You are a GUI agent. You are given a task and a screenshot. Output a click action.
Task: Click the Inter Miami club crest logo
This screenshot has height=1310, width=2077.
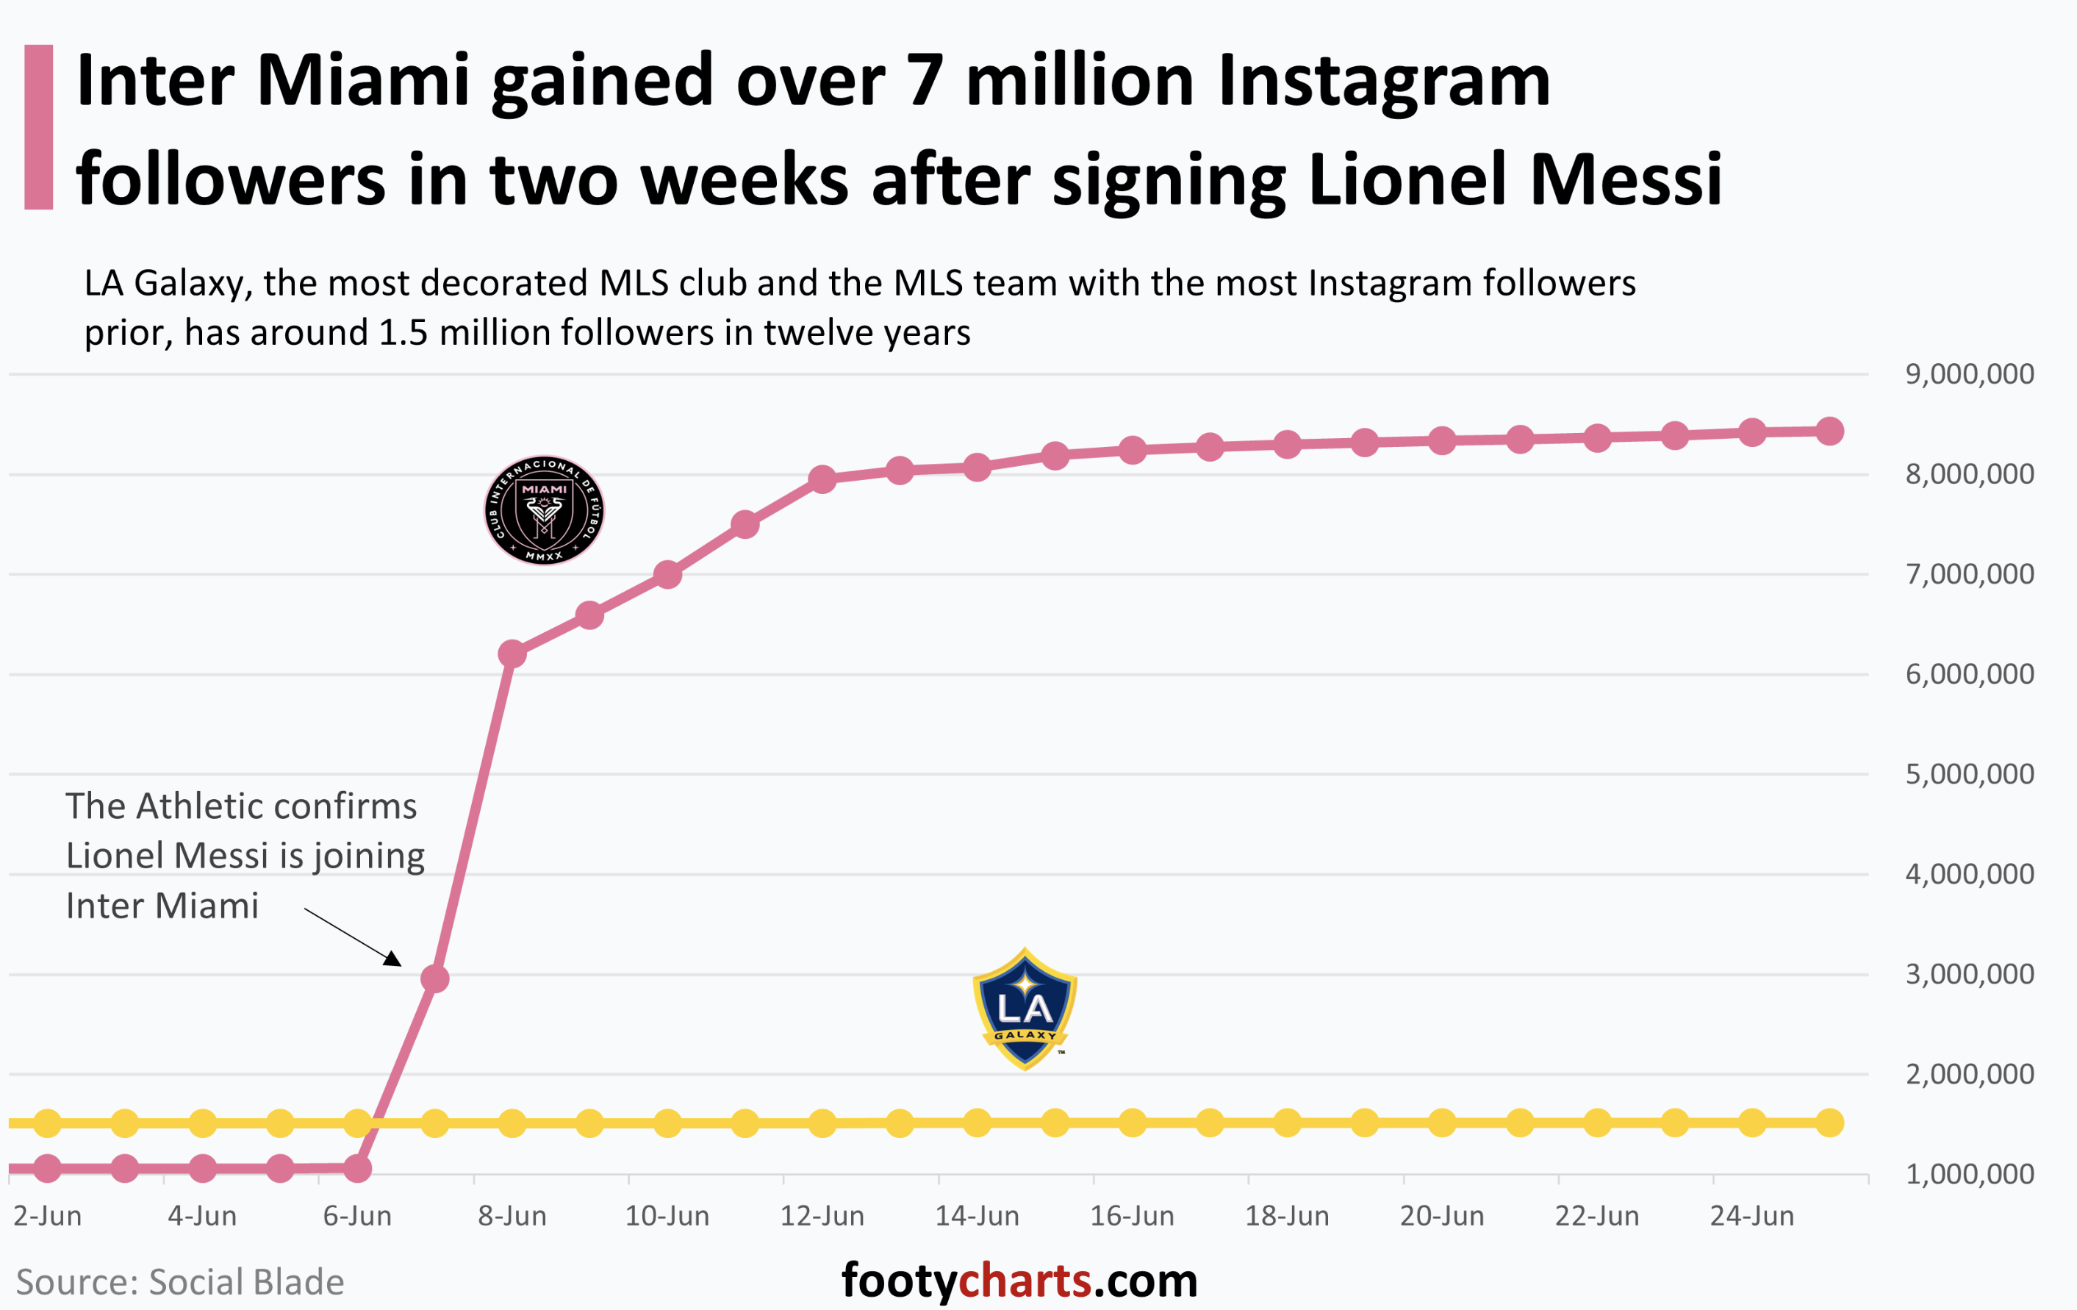point(545,510)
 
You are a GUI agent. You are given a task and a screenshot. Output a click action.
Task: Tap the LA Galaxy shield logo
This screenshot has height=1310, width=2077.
point(1025,1009)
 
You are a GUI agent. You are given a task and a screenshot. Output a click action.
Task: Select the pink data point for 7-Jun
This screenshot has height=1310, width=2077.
point(434,978)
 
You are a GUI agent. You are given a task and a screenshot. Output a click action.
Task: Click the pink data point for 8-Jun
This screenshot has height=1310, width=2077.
point(512,654)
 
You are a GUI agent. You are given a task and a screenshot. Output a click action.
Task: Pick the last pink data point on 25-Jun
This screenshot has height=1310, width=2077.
point(1829,432)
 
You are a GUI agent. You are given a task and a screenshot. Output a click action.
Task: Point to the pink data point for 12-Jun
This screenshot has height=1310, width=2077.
point(823,479)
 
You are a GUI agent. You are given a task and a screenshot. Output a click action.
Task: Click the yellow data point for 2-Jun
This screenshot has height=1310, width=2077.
point(48,1123)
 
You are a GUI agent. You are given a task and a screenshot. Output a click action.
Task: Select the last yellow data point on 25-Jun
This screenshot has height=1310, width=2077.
point(1829,1123)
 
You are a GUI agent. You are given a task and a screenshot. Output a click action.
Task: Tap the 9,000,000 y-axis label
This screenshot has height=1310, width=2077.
point(1969,374)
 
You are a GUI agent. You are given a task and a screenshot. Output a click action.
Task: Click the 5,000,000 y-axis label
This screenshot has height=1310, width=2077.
point(1969,774)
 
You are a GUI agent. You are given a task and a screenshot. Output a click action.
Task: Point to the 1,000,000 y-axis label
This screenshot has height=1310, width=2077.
point(1969,1175)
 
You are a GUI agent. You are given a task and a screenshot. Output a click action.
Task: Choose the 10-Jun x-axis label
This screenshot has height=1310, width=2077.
point(667,1216)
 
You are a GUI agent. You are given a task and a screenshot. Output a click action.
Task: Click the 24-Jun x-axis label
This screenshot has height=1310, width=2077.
point(1752,1216)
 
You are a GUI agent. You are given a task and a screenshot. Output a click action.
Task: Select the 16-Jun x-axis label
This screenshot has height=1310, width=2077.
point(1132,1216)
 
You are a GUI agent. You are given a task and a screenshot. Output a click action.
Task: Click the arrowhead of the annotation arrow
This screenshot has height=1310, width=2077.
point(393,959)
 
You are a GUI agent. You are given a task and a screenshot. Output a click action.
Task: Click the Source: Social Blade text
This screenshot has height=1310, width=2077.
point(180,1282)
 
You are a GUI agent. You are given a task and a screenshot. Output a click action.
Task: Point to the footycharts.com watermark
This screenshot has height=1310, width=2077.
point(1019,1281)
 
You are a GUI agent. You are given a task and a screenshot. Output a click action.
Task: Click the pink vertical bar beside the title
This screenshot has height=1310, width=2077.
point(39,127)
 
